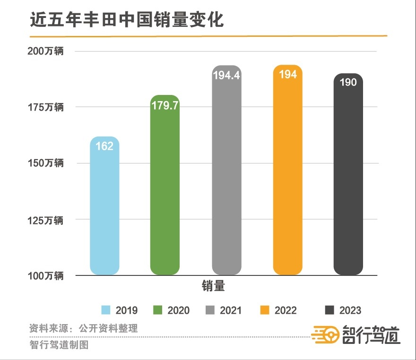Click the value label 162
104,146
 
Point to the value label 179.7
165,105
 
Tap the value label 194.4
226,75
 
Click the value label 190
348,82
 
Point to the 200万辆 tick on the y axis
45,51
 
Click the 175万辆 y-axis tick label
45,107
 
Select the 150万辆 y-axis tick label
45,163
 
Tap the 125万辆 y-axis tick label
45,220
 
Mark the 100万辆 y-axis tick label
45,276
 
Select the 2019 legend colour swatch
106,310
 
